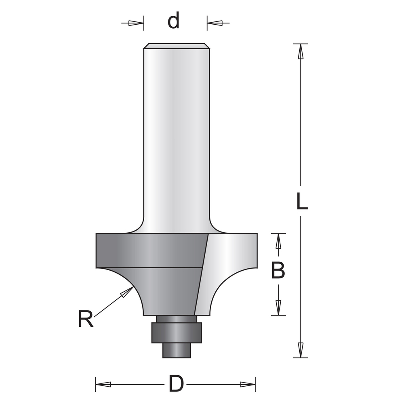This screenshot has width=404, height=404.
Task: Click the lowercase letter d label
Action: (173, 21)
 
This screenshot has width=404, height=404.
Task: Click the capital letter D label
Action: (176, 384)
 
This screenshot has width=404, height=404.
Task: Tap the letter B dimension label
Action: (278, 271)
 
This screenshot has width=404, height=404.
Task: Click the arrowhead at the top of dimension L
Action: (300, 51)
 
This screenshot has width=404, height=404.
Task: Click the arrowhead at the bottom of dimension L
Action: (300, 349)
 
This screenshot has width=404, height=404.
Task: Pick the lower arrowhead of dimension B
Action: (278, 307)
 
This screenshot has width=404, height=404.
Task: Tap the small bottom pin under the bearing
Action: (176, 350)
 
